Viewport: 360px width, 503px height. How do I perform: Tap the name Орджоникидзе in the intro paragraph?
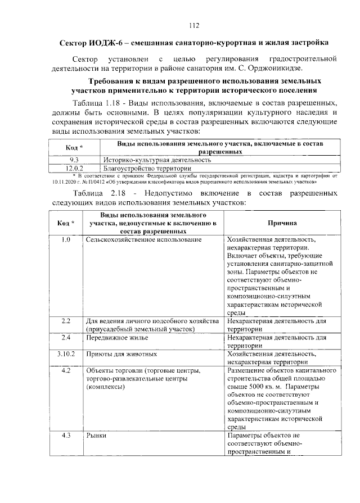pyautogui.click(x=276, y=69)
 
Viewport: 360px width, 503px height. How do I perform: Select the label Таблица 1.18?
pyautogui.click(x=98, y=104)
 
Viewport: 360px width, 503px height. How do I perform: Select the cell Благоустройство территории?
pyautogui.click(x=143, y=167)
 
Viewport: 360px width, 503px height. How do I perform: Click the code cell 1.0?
pyautogui.click(x=65, y=240)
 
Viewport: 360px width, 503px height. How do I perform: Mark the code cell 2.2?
pyautogui.click(x=65, y=321)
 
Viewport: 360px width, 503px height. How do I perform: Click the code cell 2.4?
pyautogui.click(x=65, y=338)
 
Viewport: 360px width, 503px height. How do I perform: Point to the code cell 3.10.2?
pyautogui.click(x=65, y=355)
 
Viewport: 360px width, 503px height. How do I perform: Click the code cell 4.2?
pyautogui.click(x=65, y=371)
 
